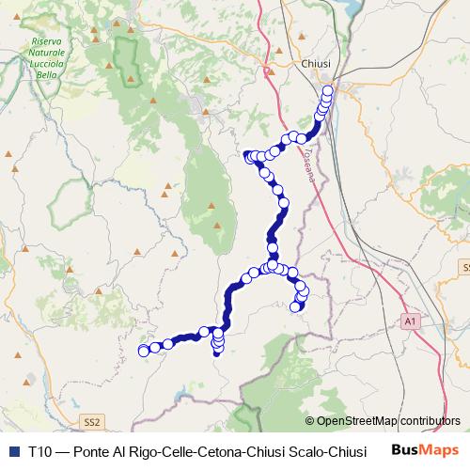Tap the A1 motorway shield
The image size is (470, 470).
(411, 322)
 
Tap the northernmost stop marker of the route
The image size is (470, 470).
(328, 91)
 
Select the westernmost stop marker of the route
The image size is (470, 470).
(144, 351)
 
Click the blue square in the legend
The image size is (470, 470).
(11, 451)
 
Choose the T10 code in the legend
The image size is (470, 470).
(40, 451)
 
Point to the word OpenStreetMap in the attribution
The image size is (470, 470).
(356, 421)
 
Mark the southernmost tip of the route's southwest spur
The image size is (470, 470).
(217, 355)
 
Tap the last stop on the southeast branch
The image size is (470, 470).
(299, 305)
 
